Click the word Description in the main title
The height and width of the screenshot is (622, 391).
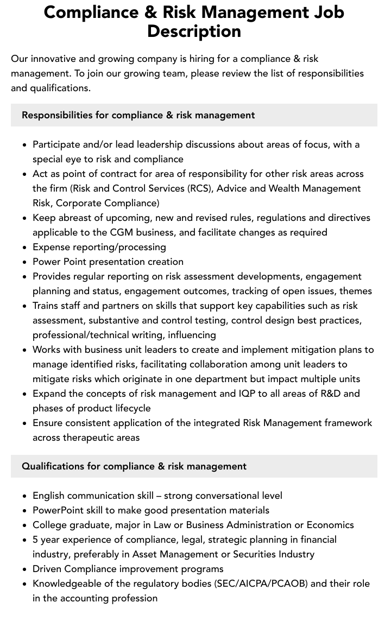(x=194, y=31)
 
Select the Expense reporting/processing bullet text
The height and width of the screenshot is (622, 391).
(x=99, y=247)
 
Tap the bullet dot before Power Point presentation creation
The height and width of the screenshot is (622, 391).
(x=24, y=262)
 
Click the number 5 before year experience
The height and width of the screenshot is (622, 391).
(x=35, y=540)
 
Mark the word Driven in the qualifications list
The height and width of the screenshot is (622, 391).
(x=47, y=569)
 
